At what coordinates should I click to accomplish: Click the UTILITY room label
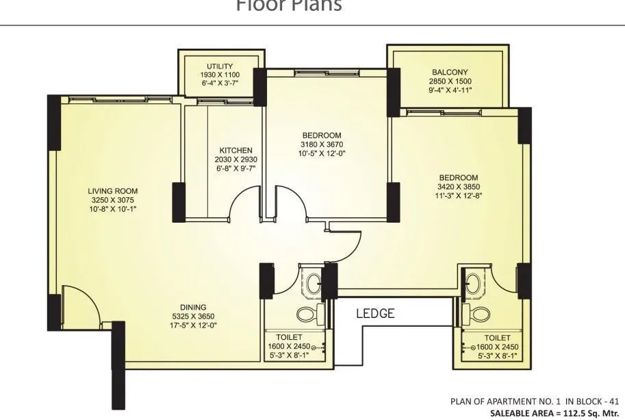[220, 66]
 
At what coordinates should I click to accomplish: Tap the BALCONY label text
[450, 72]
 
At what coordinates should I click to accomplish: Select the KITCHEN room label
[235, 150]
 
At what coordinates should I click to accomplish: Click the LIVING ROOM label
[113, 191]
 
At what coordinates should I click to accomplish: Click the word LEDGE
[375, 314]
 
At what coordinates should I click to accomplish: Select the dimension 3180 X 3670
[320, 145]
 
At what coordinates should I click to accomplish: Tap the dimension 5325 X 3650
[194, 316]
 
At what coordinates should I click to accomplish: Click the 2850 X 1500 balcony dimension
[450, 80]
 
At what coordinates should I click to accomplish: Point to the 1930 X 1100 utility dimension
[220, 74]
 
